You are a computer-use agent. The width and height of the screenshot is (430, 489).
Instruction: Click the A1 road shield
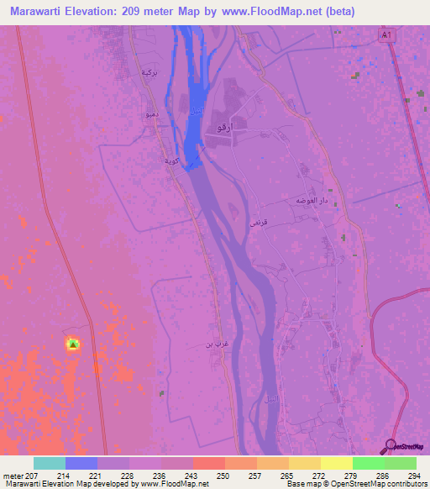pos(385,36)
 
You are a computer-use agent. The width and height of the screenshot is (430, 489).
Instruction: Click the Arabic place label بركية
pos(149,73)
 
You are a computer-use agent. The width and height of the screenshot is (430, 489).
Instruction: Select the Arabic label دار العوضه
pos(310,202)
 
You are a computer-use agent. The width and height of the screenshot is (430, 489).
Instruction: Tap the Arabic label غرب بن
pos(216,344)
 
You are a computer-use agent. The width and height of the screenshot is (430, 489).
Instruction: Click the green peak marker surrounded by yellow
pos(73,344)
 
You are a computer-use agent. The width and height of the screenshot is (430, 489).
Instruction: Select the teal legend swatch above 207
pos(50,463)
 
